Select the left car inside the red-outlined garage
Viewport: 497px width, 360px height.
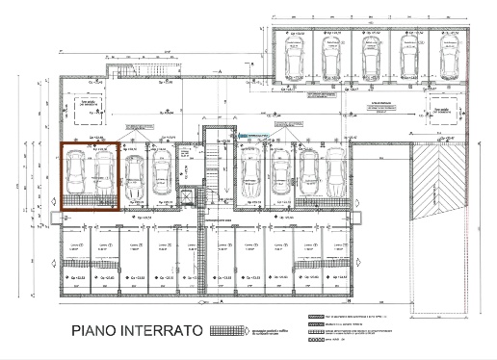click(x=78, y=177)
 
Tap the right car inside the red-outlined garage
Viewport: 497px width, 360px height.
click(x=103, y=177)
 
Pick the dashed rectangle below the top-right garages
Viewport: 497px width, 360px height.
click(x=444, y=112)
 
